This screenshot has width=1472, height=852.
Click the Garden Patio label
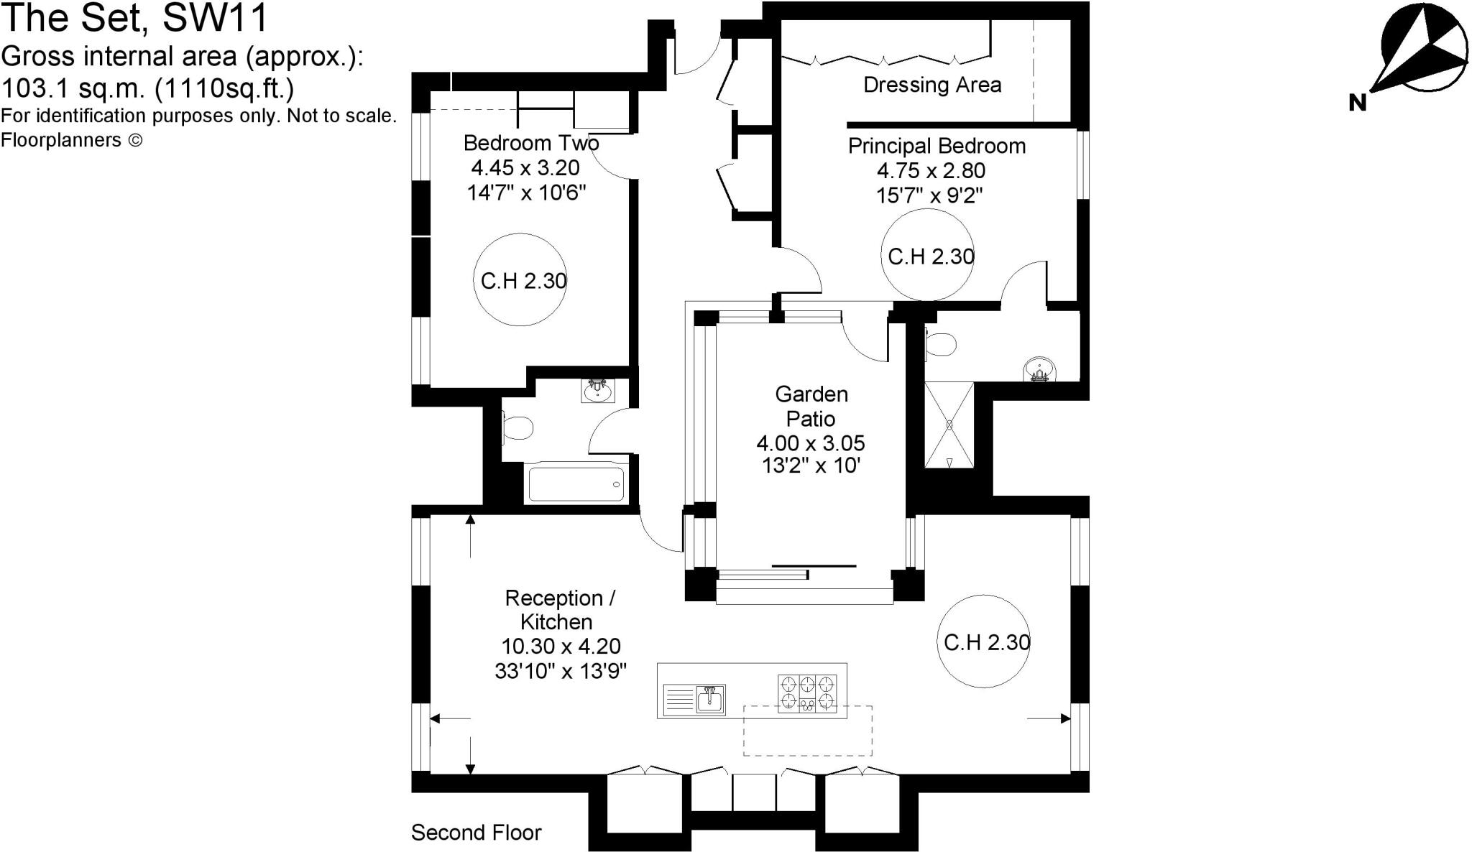pyautogui.click(x=811, y=406)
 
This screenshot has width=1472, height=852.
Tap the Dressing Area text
pyautogui.click(x=931, y=85)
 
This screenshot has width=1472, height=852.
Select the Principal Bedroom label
pyautogui.click(x=937, y=146)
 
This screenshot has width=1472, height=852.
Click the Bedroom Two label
pyautogui.click(x=530, y=143)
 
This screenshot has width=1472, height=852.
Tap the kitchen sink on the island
pyautogui.click(x=709, y=698)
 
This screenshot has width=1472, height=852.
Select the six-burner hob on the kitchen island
pyautogui.click(x=808, y=693)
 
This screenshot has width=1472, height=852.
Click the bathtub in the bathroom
pyautogui.click(x=576, y=483)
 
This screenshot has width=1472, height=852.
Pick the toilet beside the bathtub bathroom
pyautogui.click(x=516, y=428)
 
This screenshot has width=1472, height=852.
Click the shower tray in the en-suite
pyautogui.click(x=949, y=425)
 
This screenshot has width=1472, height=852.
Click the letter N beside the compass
pyautogui.click(x=1357, y=103)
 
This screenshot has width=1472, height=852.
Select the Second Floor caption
pyautogui.click(x=476, y=833)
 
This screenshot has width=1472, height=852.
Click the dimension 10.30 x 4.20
pyautogui.click(x=561, y=646)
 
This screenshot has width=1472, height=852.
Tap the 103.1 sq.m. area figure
pyautogui.click(x=75, y=89)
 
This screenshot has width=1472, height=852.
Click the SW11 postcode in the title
pyautogui.click(x=215, y=18)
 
